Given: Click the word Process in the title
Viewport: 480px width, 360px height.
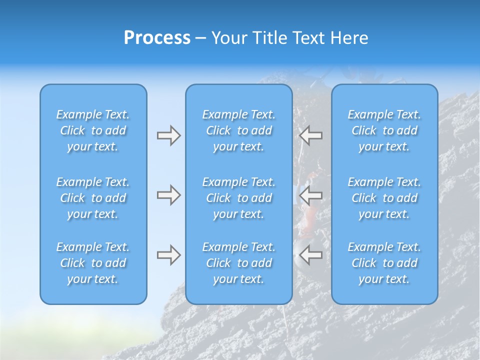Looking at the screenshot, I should click(x=157, y=38).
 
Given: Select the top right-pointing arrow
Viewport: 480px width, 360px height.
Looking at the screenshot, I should click(x=168, y=135).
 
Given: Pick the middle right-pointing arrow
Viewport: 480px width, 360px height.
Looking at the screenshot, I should click(x=168, y=195).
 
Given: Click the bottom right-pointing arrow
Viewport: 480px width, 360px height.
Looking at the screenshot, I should click(x=168, y=255).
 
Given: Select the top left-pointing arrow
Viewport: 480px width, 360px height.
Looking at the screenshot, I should click(x=311, y=135).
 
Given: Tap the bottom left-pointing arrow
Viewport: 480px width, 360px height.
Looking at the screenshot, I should click(x=311, y=255).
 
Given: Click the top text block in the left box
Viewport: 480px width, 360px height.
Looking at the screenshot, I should click(x=93, y=130).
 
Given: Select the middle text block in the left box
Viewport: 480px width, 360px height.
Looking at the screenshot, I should click(x=93, y=198).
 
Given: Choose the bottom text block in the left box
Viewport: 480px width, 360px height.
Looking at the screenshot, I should click(x=93, y=263).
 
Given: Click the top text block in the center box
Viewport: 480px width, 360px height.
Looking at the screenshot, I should click(x=239, y=130).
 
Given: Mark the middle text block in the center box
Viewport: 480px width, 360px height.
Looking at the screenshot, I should click(x=239, y=198).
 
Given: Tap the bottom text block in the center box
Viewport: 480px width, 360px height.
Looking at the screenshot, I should click(x=239, y=263).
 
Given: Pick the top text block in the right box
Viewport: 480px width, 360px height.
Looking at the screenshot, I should click(x=384, y=130).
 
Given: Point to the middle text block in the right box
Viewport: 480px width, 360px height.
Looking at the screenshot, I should click(x=384, y=198).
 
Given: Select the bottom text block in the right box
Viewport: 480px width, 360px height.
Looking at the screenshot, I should click(x=384, y=263).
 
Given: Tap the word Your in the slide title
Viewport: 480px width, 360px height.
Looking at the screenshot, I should click(x=228, y=38).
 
